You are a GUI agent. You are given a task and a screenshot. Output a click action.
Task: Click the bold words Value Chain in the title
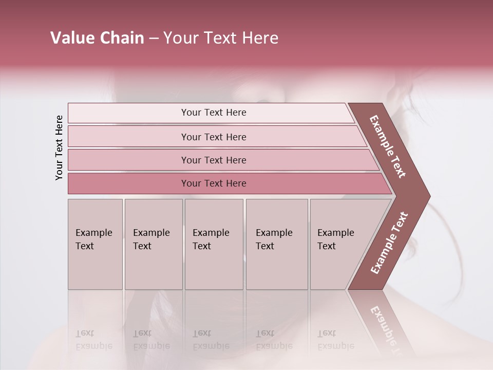click(97, 38)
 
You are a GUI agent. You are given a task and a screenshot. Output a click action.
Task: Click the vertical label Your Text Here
click(59, 147)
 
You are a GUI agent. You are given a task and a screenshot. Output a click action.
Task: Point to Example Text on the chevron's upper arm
click(388, 146)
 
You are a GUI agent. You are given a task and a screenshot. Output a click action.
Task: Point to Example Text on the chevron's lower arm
click(389, 243)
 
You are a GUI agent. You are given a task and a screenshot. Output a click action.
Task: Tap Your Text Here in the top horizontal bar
click(214, 113)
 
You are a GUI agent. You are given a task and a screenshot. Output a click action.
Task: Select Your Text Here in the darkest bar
click(214, 183)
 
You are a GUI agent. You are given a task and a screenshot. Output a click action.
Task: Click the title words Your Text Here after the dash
click(221, 38)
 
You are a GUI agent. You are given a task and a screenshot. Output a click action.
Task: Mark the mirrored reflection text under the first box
click(93, 340)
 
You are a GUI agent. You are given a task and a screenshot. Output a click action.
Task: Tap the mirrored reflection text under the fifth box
click(335, 340)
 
